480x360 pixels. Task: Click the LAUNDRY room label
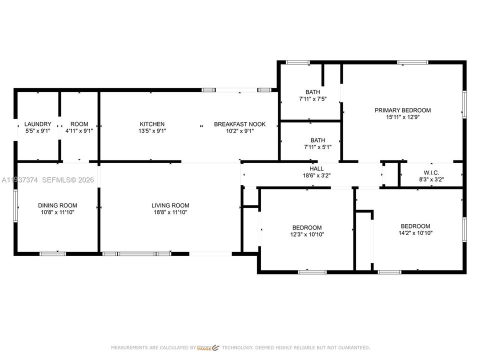38,124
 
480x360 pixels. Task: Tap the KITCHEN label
152,124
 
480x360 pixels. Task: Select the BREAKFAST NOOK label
239,124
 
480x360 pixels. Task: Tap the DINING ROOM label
57,205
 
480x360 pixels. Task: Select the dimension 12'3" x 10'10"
307,234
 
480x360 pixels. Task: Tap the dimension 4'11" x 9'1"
79,131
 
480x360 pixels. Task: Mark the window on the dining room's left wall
15,205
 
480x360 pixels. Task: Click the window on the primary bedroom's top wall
412,62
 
